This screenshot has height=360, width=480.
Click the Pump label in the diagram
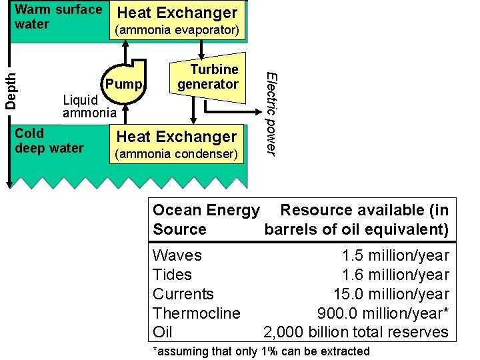[124, 84]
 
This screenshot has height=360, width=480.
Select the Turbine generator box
[207, 77]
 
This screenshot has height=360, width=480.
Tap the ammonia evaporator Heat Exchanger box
[177, 21]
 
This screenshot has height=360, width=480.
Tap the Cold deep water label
[49, 140]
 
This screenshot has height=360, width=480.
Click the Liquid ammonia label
[89, 106]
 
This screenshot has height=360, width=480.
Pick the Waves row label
[177, 255]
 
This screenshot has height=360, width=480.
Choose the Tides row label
[172, 275]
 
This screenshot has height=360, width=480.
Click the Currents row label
[183, 294]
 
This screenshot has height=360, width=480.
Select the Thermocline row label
[197, 313]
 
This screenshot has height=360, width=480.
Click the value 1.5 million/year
[395, 255]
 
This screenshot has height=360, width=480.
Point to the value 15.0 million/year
[391, 294]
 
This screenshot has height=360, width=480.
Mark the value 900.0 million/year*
[383, 313]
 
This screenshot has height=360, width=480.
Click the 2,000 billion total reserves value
[357, 332]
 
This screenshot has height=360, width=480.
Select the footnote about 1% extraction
[261, 351]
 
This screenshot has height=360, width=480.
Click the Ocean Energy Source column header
[205, 219]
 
